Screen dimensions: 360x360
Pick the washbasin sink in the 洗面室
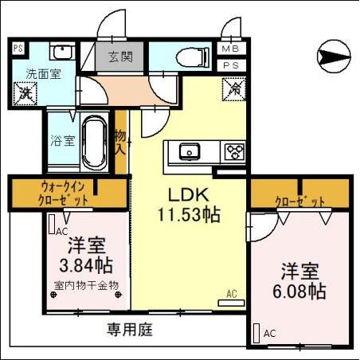(x=61, y=53)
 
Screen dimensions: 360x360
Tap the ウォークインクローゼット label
(x=68, y=192)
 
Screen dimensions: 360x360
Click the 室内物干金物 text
(x=86, y=284)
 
